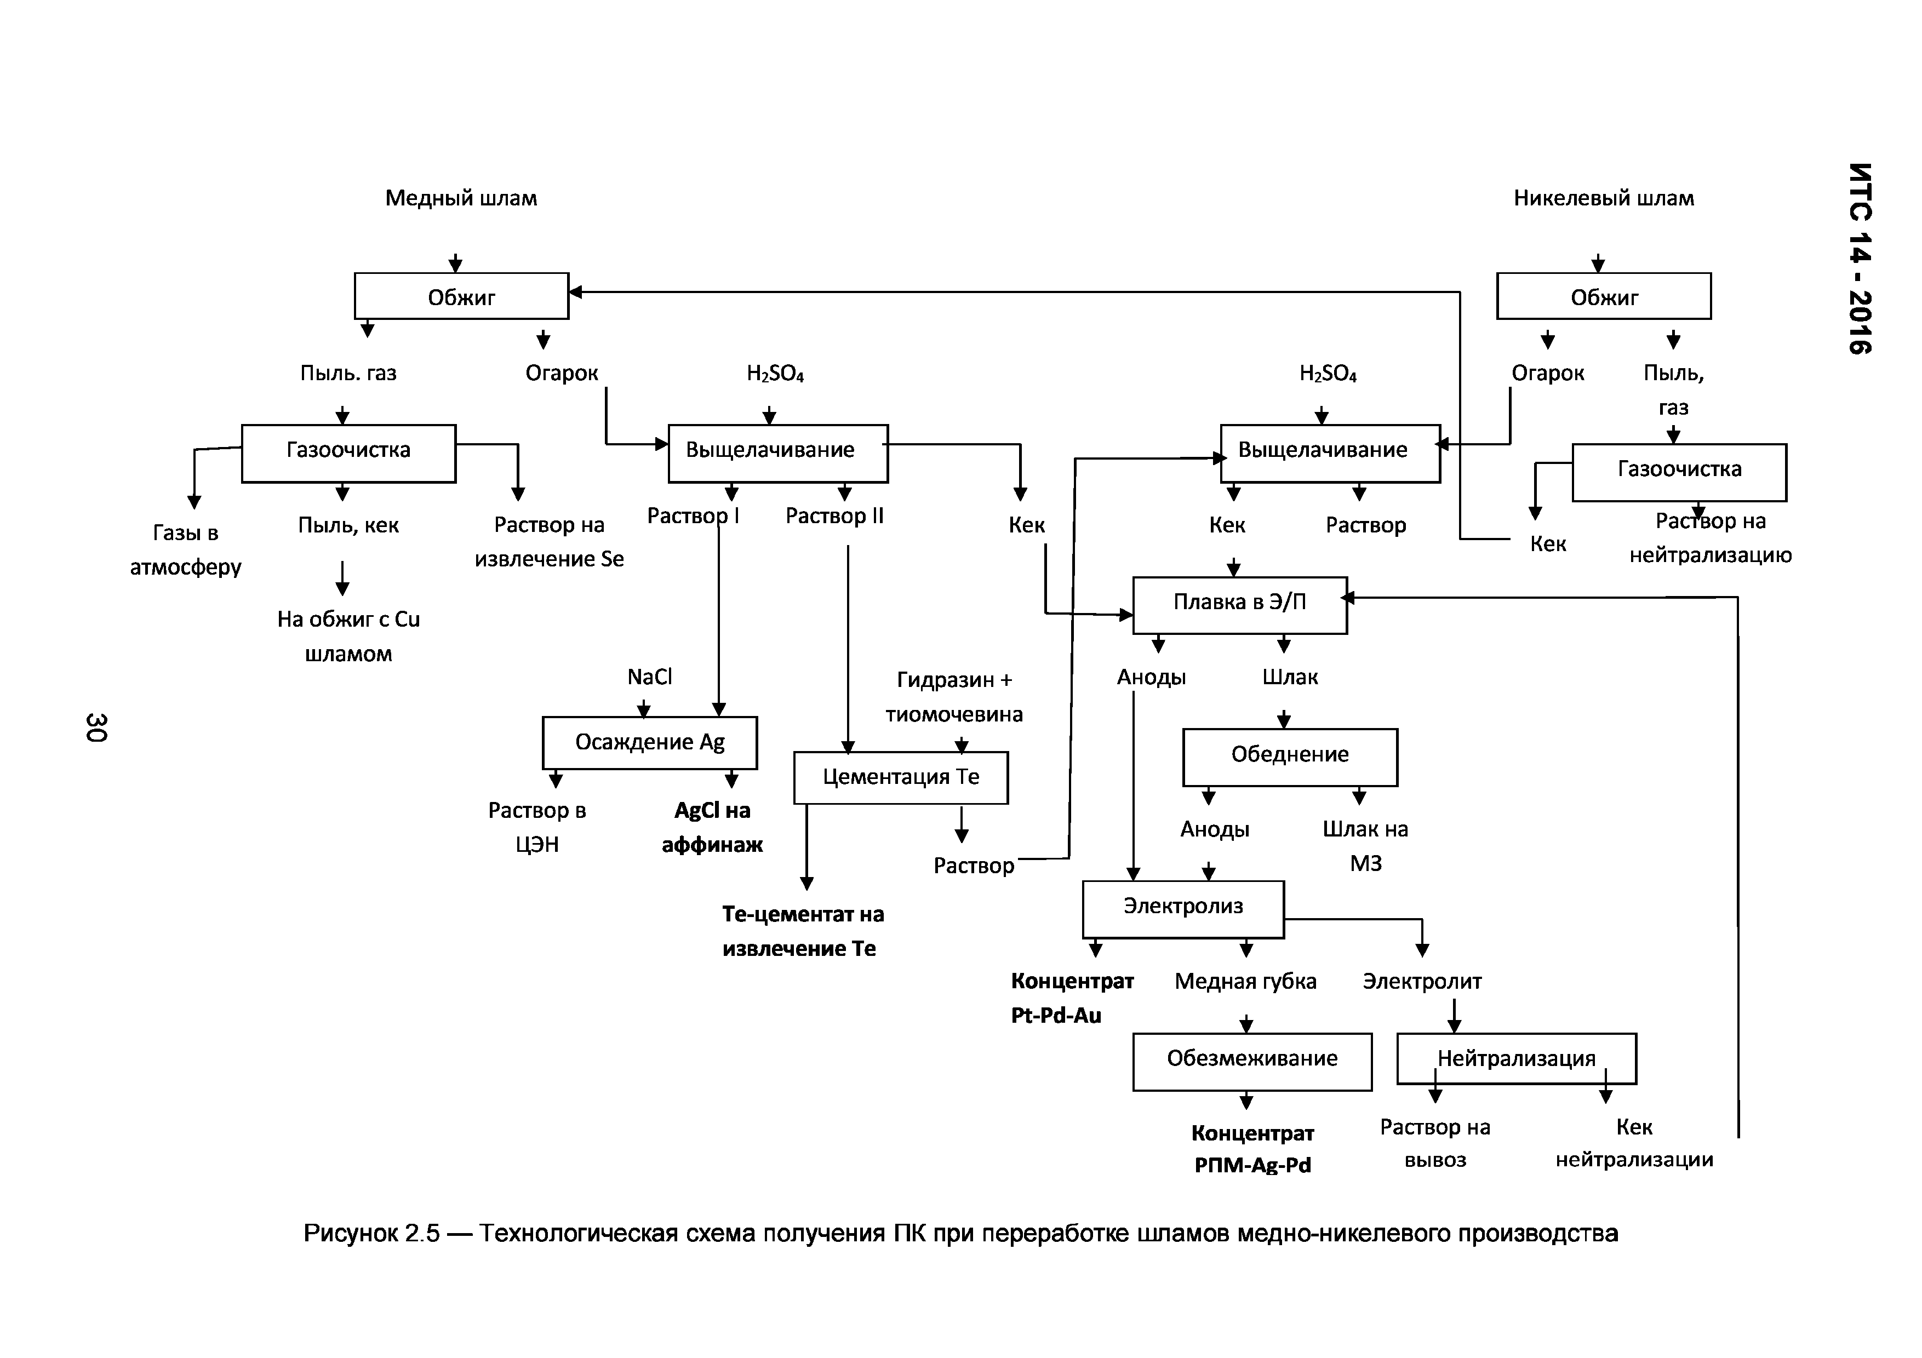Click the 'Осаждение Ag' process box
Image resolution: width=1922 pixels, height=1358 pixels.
tap(650, 742)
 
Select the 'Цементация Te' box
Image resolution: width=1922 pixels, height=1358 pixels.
tap(901, 777)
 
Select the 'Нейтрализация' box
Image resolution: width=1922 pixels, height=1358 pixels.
tap(1516, 1059)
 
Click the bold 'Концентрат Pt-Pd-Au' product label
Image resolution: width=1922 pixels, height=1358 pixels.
tap(1072, 998)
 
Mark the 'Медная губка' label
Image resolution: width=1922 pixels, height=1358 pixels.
tap(1245, 982)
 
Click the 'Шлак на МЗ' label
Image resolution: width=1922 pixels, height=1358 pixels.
tap(1365, 846)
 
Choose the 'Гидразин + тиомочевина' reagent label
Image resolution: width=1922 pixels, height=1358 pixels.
tap(954, 697)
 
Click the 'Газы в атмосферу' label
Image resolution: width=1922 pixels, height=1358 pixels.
tap(186, 550)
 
